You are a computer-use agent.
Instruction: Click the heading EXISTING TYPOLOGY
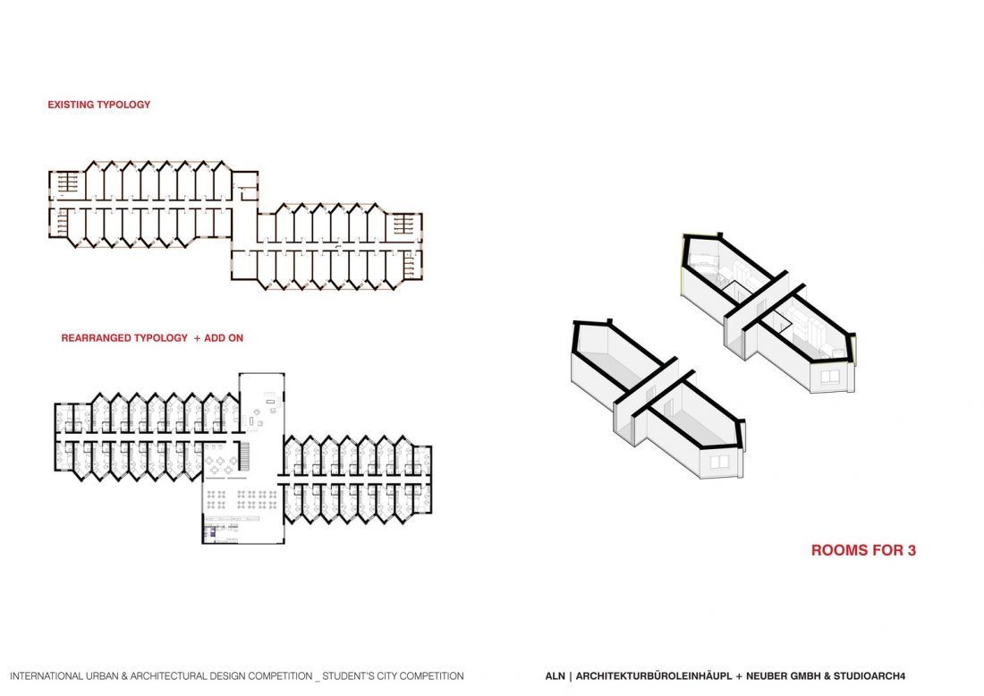(x=99, y=105)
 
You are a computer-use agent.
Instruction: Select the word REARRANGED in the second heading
(x=94, y=339)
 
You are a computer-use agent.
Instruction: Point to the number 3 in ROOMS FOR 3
(x=911, y=551)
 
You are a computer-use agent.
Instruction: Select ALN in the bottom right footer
(x=555, y=676)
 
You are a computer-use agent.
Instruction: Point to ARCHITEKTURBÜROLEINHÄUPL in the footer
(x=653, y=676)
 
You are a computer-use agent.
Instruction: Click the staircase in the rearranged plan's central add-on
(x=242, y=449)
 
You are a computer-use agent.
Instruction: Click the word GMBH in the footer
(x=804, y=676)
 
